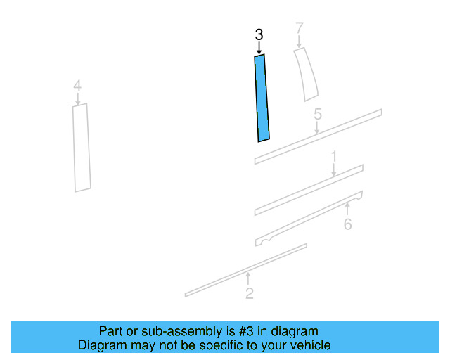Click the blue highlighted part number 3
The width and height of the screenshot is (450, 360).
tap(262, 98)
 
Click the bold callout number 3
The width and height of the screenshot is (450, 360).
tap(259, 34)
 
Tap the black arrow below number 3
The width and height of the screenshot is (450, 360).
tap(259, 48)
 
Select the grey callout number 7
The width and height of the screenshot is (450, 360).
tap(300, 28)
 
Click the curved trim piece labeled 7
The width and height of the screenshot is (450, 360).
tap(306, 75)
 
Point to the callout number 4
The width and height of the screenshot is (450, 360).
tap(77, 86)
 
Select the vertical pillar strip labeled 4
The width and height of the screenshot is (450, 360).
tap(82, 148)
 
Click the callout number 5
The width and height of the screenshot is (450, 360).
tap(318, 114)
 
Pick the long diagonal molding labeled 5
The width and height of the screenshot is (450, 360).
tap(318, 136)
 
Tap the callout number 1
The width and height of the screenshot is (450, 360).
tap(334, 157)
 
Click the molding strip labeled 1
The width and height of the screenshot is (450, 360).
tap(309, 190)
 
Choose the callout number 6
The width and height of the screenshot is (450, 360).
tap(348, 224)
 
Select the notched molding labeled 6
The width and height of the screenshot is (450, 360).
tap(309, 218)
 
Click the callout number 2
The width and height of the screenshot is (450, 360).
tap(250, 293)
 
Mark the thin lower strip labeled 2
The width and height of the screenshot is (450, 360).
tap(246, 270)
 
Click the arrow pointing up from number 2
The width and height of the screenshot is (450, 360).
tap(248, 278)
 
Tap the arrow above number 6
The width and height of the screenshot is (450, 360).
tap(347, 209)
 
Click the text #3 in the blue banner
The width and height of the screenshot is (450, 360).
tap(246, 331)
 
